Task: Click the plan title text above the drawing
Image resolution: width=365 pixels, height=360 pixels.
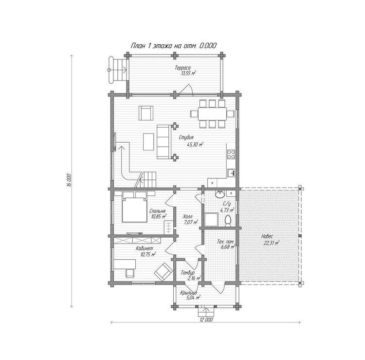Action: [x=174, y=46]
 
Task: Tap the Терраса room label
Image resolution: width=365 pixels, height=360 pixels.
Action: [x=182, y=68]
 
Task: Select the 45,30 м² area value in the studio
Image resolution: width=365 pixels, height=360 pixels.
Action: [x=195, y=145]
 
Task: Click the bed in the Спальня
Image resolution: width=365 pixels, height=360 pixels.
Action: [x=134, y=207]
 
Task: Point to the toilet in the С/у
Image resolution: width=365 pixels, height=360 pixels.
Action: [x=228, y=220]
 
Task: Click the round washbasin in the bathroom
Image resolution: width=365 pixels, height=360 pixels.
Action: [x=219, y=194]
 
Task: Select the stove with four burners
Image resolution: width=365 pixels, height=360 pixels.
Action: [x=231, y=154]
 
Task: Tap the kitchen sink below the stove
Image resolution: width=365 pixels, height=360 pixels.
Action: [x=231, y=173]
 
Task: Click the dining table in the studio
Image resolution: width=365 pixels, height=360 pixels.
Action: [x=212, y=114]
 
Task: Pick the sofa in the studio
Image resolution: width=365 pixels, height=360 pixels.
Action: [x=163, y=142]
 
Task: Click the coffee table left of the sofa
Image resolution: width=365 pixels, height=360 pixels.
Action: [x=148, y=142]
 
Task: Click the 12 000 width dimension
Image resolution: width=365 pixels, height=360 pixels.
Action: [x=206, y=320]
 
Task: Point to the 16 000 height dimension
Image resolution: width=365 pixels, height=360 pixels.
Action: [x=69, y=180]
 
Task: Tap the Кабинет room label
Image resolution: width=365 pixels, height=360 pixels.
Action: [x=145, y=248]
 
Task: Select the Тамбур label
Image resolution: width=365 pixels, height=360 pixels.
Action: [x=188, y=273]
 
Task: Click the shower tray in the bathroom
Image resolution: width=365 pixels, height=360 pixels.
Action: [x=211, y=220]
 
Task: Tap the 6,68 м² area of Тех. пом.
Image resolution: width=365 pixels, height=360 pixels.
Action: [x=227, y=246]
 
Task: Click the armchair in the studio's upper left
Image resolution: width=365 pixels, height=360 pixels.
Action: [x=146, y=113]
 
